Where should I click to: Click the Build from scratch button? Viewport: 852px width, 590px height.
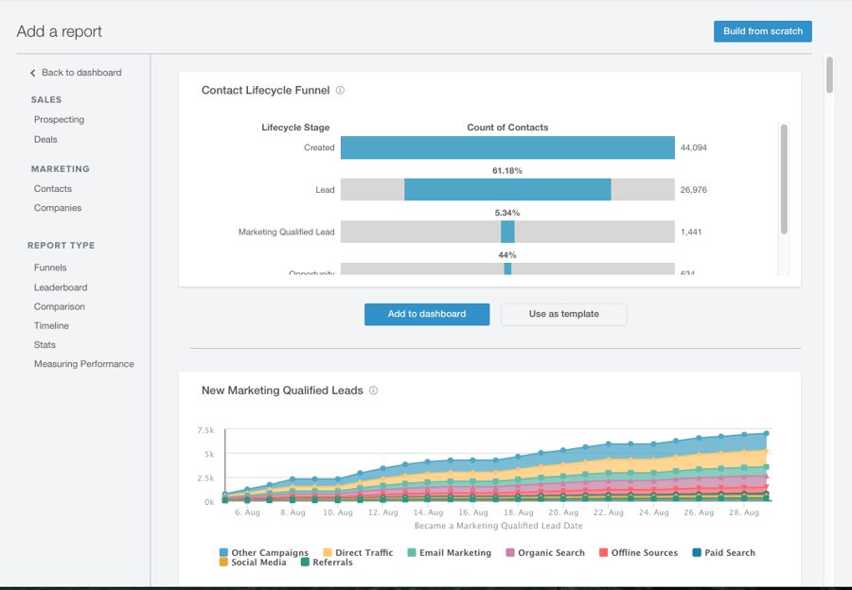click(762, 31)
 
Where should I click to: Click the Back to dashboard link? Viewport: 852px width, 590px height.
click(80, 73)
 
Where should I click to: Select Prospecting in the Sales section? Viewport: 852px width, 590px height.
click(59, 120)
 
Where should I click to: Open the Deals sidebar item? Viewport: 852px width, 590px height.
click(45, 140)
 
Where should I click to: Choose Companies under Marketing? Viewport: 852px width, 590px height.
click(58, 208)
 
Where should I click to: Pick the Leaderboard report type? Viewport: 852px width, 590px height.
click(61, 287)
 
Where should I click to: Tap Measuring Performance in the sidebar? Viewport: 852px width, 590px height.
click(83, 364)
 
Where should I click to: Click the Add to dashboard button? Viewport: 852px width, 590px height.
click(426, 314)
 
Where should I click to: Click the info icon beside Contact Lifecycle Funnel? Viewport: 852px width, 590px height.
click(340, 91)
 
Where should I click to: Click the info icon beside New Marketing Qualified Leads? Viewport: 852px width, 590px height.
click(373, 390)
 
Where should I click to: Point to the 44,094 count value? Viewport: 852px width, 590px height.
click(693, 148)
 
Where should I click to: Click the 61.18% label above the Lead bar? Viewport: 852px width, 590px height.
click(507, 171)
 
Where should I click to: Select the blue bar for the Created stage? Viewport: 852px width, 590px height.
click(507, 147)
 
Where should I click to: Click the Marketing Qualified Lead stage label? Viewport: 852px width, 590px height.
click(286, 232)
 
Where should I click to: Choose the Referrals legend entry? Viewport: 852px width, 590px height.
click(326, 563)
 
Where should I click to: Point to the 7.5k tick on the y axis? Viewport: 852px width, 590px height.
click(205, 430)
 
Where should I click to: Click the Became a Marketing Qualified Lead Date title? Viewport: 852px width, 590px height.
click(498, 526)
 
